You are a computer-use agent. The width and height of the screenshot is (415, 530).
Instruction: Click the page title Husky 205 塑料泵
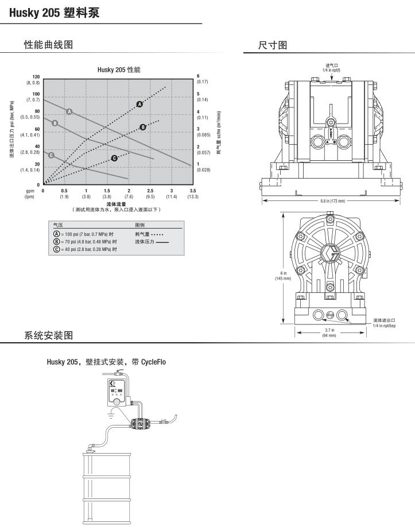(54, 11)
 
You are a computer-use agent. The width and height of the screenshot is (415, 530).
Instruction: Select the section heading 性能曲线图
(48, 45)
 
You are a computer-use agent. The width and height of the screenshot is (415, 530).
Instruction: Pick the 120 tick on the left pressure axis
(36, 76)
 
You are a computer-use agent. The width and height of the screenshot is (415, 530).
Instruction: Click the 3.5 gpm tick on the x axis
(192, 190)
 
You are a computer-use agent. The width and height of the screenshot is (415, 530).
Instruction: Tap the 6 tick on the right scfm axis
(198, 76)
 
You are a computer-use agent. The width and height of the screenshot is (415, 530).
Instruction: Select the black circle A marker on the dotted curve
(139, 104)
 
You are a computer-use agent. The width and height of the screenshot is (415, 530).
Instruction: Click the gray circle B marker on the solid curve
(55, 123)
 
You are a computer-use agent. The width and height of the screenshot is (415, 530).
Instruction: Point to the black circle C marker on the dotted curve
(114, 158)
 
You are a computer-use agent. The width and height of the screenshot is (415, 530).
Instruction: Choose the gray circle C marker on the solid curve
(51, 155)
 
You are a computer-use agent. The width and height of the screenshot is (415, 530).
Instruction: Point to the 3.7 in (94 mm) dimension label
(329, 332)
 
